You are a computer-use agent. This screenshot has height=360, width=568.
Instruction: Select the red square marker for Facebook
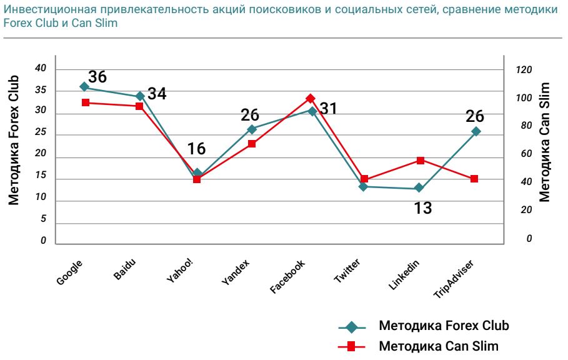(310, 98)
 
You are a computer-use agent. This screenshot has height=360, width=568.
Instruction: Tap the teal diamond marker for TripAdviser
(476, 131)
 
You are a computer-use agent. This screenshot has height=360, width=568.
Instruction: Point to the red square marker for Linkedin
(421, 160)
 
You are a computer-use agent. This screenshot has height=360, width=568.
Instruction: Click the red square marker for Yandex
(252, 144)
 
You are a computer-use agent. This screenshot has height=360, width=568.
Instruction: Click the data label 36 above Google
(97, 77)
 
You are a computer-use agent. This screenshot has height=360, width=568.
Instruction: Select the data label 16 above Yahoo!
(196, 149)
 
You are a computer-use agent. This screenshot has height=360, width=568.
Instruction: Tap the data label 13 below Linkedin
(423, 208)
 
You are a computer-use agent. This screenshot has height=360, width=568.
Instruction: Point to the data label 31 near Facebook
(329, 108)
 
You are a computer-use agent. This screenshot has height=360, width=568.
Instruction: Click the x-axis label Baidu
(125, 269)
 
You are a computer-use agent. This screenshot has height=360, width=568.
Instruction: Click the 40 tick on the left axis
(41, 68)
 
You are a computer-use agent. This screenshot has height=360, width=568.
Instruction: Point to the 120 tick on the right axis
(524, 70)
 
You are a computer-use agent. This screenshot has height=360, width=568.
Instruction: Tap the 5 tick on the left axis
(43, 219)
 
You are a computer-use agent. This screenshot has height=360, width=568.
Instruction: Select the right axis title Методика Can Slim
(544, 142)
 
